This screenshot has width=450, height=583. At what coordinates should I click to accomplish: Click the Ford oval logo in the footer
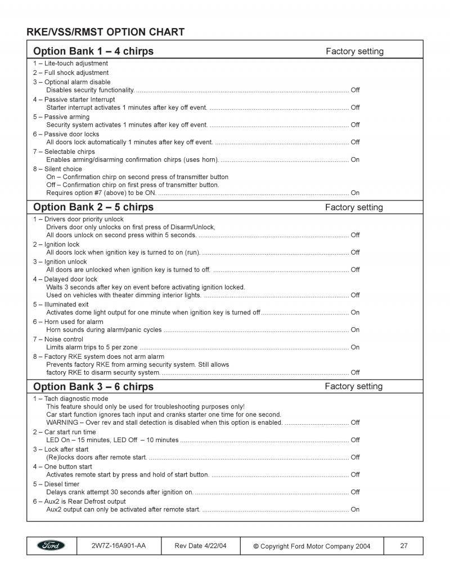[x=51, y=545]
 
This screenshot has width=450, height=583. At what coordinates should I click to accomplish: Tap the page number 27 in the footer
[x=403, y=545]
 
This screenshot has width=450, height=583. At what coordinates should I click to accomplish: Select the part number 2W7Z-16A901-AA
[x=118, y=545]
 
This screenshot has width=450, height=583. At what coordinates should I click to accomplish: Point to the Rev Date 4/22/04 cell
[x=200, y=545]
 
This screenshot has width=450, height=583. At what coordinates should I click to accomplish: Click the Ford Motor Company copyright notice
[x=312, y=546]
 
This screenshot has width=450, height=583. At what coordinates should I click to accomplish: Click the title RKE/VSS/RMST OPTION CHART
[x=105, y=32]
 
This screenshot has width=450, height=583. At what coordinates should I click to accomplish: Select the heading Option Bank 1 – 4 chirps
[x=93, y=51]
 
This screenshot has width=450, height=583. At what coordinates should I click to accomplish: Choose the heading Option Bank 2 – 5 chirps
[x=93, y=207]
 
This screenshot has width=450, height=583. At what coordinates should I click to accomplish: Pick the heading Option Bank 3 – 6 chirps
[x=93, y=386]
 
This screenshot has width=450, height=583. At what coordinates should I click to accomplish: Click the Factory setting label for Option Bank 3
[x=354, y=386]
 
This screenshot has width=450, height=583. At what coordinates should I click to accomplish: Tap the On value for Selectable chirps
[x=355, y=159]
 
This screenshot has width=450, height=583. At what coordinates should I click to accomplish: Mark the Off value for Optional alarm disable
[x=355, y=90]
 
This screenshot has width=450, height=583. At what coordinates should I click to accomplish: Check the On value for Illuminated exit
[x=355, y=312]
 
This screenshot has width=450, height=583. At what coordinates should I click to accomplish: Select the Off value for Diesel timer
[x=355, y=492]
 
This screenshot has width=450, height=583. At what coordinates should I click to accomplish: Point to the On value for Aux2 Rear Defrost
[x=355, y=509]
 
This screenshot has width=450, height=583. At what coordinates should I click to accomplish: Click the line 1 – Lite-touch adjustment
[x=70, y=63]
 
